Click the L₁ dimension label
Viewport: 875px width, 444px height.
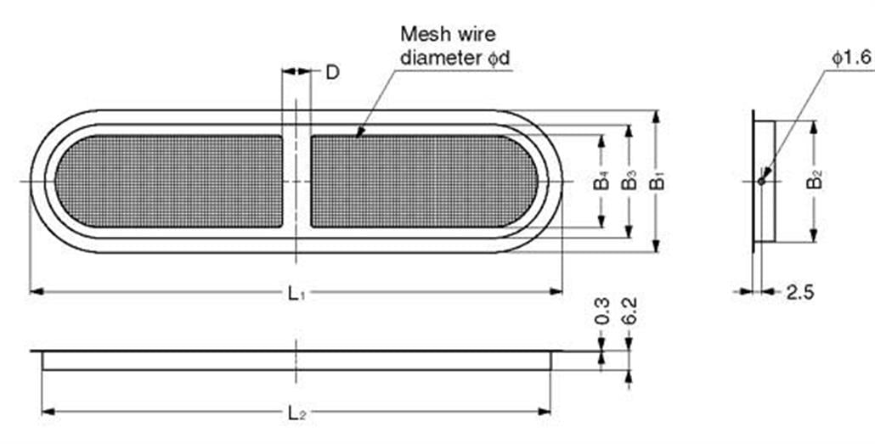[x=296, y=292]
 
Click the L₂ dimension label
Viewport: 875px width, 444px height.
[x=296, y=413]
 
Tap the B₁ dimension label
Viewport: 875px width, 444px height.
[x=658, y=182]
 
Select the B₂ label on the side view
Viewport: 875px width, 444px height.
[x=816, y=181]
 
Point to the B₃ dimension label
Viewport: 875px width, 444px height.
[x=629, y=182]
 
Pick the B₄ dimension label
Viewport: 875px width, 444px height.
[x=601, y=182]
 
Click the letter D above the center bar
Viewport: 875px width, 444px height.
[x=332, y=72]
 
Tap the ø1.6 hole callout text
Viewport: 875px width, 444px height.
[x=851, y=58]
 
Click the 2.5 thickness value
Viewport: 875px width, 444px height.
[x=800, y=292]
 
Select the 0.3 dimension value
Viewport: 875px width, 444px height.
[x=602, y=312]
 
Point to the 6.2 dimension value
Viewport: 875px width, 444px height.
[x=629, y=312]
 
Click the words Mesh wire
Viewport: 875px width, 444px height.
[x=448, y=34]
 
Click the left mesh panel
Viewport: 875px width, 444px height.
[x=168, y=182]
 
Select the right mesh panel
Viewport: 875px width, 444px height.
[x=424, y=182]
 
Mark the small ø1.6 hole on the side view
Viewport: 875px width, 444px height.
[x=762, y=182]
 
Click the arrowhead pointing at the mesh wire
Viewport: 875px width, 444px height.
[x=360, y=132]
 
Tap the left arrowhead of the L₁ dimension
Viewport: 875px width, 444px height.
[x=37, y=291]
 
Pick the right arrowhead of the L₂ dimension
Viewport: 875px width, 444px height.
[x=545, y=412]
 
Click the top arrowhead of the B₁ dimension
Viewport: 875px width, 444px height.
[x=656, y=116]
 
